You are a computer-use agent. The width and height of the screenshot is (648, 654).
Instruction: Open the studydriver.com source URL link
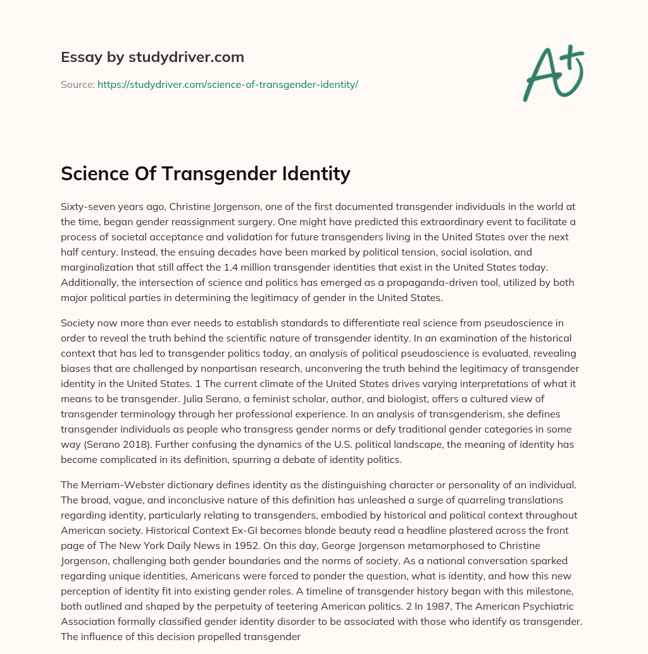228,84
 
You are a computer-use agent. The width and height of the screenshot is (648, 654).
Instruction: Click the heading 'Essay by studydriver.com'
153,57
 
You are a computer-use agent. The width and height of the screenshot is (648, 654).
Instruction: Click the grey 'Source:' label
77,84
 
